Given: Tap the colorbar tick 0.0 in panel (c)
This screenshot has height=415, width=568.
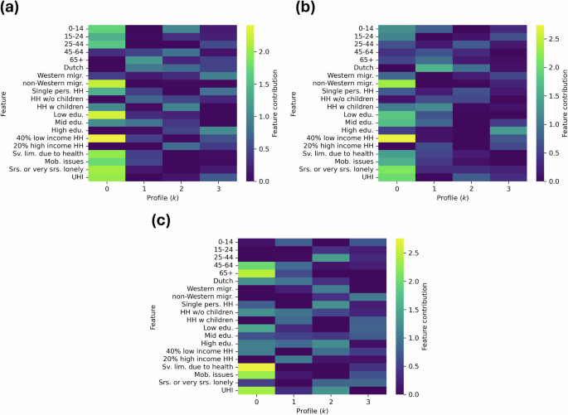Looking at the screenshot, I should (415, 394).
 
